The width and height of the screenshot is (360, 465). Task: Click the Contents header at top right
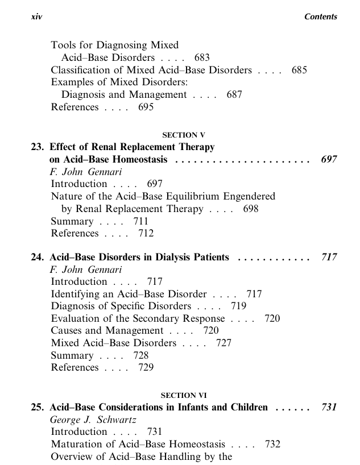coord(321,17)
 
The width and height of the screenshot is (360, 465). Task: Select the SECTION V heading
coord(183,135)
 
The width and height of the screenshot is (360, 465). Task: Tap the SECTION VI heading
coord(183,395)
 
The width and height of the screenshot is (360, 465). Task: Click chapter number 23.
coord(38,147)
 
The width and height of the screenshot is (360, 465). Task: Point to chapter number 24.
coord(38,258)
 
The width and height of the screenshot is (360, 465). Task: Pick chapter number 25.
coord(38,408)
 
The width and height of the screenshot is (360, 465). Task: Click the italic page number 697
coord(329,160)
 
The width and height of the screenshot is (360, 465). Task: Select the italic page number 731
coord(329,408)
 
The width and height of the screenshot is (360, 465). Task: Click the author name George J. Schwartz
coord(89,420)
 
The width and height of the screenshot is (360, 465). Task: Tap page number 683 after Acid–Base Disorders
coord(201,57)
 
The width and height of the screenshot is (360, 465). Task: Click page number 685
coord(299,70)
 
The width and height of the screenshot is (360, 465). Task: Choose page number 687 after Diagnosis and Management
coord(234,95)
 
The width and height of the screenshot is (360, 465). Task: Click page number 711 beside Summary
coord(140,221)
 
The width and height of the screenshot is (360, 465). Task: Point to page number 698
coord(250,209)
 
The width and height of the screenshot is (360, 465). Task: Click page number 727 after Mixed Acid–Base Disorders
coord(224,343)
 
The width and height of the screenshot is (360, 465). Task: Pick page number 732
coord(272,444)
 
